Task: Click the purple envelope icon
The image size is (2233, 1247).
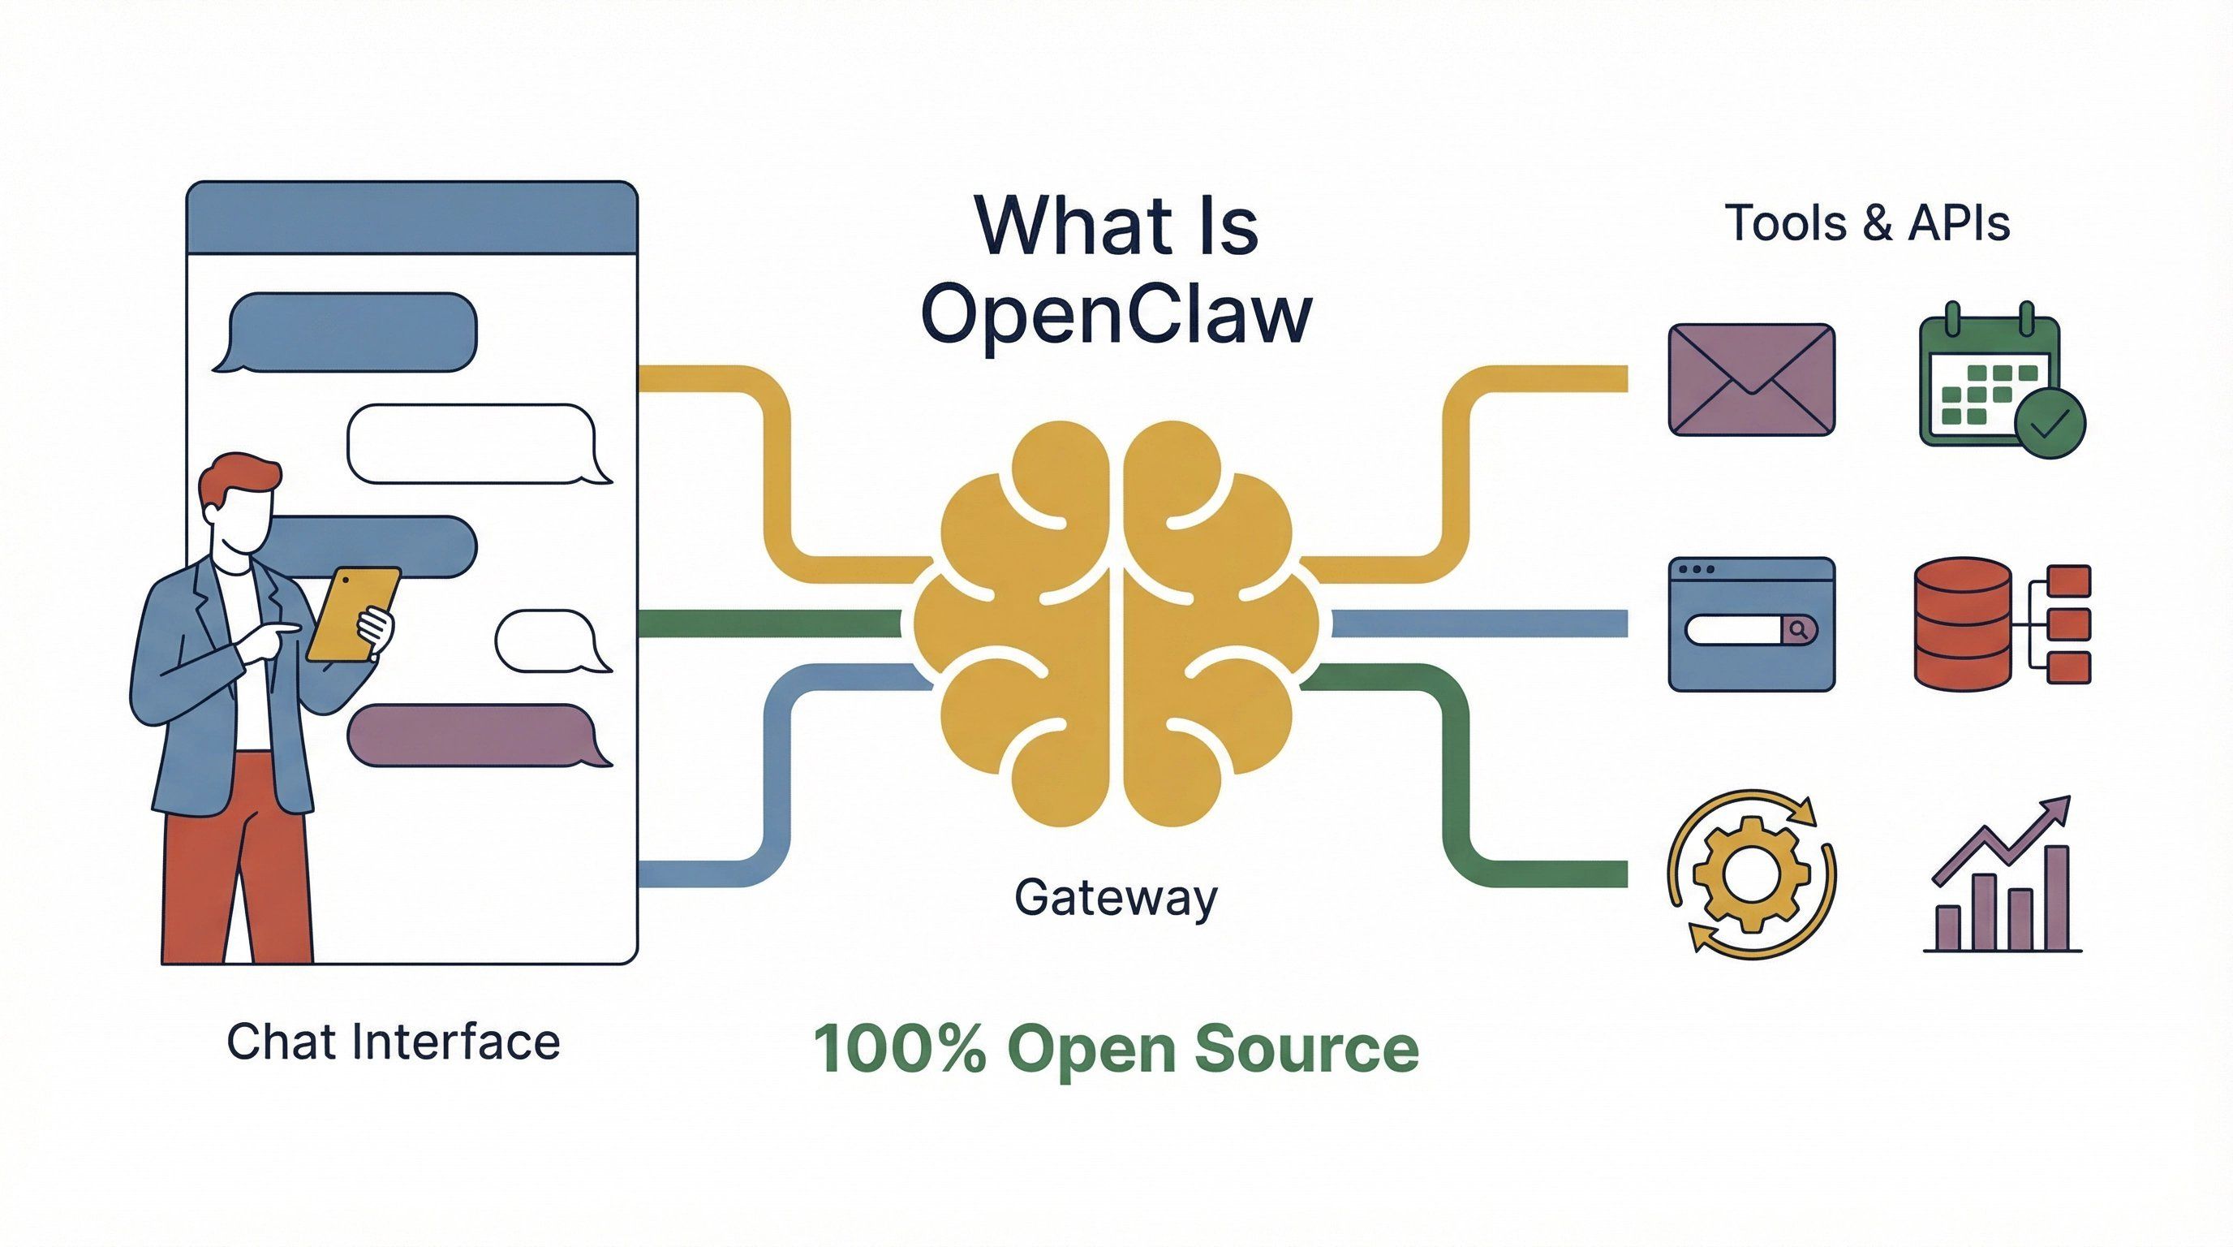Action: coord(1751,379)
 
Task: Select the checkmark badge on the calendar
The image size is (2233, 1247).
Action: coord(2050,422)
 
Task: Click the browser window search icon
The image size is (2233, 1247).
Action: coord(1751,624)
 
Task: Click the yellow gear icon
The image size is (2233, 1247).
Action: coord(1751,874)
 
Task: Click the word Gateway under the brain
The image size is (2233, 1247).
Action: coord(1116,899)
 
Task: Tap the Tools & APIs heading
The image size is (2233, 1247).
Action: coord(1867,224)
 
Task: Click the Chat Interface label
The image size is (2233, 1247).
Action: coord(393,1042)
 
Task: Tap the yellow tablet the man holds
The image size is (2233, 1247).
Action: coord(351,614)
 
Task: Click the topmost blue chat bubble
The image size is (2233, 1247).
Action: coord(351,331)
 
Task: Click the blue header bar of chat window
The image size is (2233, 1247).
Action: coord(411,218)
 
